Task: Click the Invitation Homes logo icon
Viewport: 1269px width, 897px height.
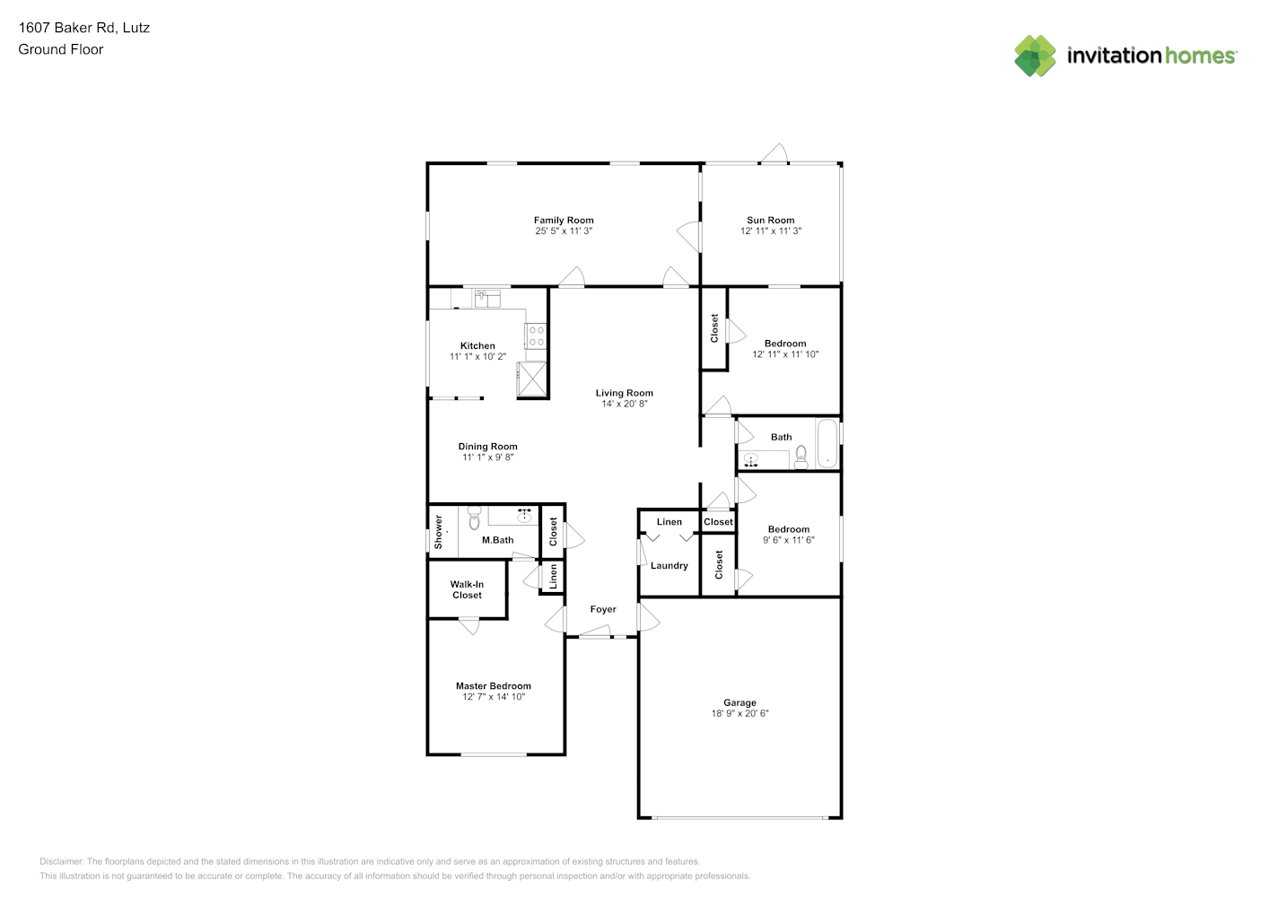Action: (x=1035, y=56)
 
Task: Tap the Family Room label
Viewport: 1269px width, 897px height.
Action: (x=564, y=221)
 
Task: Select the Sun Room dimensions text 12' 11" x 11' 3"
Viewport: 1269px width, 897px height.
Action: (x=770, y=231)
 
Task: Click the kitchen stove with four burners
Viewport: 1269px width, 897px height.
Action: (x=536, y=335)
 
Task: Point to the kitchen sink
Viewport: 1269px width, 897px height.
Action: (x=487, y=299)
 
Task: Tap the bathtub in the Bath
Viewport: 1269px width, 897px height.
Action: (x=827, y=443)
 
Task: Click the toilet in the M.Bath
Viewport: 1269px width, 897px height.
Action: (x=474, y=518)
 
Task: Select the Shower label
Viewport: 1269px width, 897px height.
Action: (x=438, y=532)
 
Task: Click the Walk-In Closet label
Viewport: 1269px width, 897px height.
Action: (x=467, y=589)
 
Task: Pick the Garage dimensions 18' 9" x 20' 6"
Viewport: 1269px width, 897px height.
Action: (x=740, y=713)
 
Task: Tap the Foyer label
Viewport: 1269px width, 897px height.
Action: (x=603, y=609)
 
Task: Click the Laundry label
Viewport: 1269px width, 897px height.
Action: (x=670, y=565)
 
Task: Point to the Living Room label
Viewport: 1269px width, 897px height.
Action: (x=625, y=393)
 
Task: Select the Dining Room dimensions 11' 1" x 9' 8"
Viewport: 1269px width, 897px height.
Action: (x=488, y=457)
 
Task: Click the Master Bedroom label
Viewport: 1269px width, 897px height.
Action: (x=494, y=686)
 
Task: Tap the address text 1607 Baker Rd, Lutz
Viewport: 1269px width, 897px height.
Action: (x=83, y=28)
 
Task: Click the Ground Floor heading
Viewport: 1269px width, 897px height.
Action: (x=61, y=50)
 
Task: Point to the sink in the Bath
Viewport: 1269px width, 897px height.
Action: (x=751, y=460)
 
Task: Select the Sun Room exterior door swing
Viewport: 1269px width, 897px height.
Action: (x=775, y=153)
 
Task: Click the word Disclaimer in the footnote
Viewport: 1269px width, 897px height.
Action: (x=61, y=861)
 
